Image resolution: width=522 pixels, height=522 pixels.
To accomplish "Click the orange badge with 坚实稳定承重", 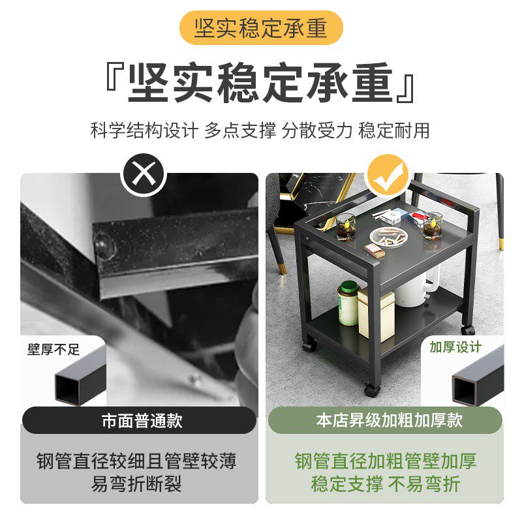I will [260, 28].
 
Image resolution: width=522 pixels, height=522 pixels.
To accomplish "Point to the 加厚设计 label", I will [455, 347].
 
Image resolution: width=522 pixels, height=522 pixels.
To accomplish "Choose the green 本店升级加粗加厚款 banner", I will [385, 421].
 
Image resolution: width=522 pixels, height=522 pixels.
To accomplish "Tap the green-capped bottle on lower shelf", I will [349, 303].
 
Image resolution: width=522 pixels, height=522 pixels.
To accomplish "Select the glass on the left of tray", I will [346, 226].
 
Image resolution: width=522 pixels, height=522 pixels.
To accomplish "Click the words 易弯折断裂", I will [136, 484].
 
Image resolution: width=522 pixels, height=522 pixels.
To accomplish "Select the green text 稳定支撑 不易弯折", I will [385, 484].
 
